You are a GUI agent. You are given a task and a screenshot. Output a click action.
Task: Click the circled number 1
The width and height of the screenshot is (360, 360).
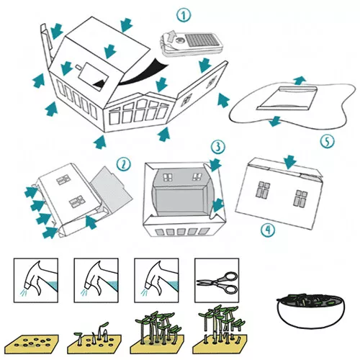[x=184, y=15]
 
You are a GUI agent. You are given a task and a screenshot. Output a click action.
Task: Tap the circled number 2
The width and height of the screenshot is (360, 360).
[x=124, y=164]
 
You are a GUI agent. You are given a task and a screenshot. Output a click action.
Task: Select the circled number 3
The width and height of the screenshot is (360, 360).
[x=217, y=146]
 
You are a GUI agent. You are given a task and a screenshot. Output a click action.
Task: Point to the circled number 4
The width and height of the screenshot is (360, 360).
[x=268, y=230]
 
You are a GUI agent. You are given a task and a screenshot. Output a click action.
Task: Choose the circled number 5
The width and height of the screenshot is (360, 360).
[x=328, y=141]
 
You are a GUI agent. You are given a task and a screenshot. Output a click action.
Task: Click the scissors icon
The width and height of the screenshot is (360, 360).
[x=217, y=282]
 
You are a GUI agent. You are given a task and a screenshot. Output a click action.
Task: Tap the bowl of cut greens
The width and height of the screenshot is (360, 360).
[x=310, y=310]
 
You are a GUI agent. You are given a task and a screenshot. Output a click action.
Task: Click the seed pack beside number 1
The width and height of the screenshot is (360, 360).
[x=192, y=45]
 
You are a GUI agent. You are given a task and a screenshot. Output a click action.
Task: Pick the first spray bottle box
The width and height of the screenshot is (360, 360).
[x=36, y=280]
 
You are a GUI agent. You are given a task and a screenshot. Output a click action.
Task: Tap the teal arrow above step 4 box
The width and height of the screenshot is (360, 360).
[x=290, y=162]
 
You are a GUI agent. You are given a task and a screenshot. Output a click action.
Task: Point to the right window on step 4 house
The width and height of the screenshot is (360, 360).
[x=300, y=199]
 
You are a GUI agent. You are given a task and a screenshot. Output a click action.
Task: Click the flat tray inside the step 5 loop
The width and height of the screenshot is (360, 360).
[x=287, y=98]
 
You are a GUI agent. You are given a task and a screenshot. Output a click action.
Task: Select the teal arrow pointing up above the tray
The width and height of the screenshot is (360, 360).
[x=299, y=81]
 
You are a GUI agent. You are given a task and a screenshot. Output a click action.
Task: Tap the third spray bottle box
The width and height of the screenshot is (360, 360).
[x=156, y=280]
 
